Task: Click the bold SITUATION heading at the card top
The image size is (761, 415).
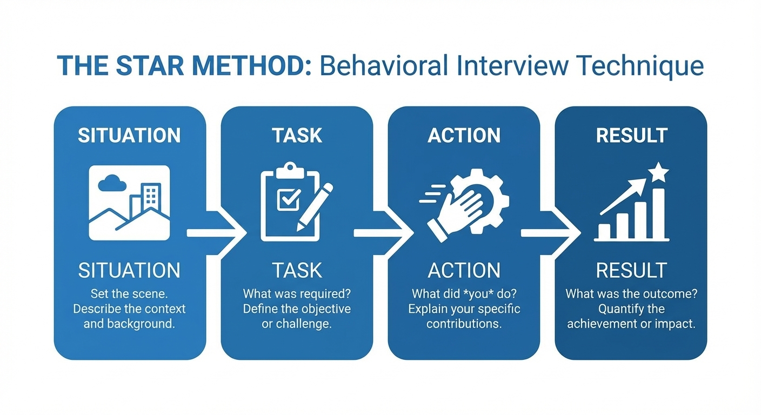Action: pos(129,136)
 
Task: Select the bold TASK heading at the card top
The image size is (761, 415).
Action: pos(297,136)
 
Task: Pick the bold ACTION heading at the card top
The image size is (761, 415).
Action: pos(464,136)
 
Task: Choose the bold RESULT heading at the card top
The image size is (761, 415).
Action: pos(631,136)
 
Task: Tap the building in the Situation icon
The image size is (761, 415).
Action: pos(150,198)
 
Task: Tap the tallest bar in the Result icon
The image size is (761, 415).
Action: pos(658,214)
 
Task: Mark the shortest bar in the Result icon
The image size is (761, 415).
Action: pos(604,231)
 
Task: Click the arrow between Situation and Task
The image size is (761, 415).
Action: pos(216,233)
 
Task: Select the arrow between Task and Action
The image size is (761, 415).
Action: pos(383,233)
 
